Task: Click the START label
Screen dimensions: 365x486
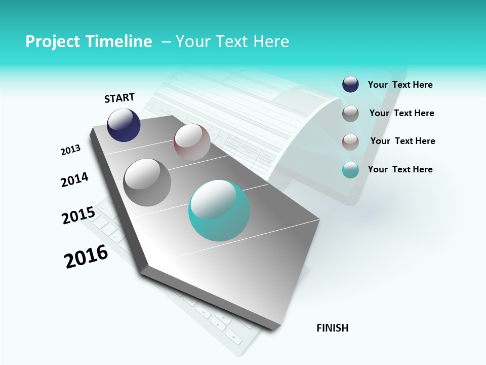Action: coord(119,98)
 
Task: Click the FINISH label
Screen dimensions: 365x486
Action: coord(333,328)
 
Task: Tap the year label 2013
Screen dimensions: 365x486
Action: coord(70,150)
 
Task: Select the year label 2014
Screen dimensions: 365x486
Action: coord(74,179)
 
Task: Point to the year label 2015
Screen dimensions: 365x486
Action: coord(78,215)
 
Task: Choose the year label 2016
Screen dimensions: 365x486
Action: coord(86,257)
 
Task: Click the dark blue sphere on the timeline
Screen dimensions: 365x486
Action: coord(124,125)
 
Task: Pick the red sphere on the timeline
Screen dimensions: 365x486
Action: coord(192,142)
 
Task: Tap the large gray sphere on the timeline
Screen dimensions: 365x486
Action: coord(147,182)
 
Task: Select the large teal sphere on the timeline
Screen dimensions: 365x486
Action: coord(219,210)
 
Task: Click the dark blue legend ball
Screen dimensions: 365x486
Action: coord(350,85)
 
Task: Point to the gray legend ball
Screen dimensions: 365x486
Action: coord(350,114)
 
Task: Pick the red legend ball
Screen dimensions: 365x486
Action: coord(350,141)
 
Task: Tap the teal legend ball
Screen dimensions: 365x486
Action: coord(350,170)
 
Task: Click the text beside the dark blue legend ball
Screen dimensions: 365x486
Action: coord(400,85)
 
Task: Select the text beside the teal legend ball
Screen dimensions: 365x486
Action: coord(400,169)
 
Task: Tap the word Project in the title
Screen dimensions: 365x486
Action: coord(50,42)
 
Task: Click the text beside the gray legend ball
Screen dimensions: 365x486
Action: coord(401,113)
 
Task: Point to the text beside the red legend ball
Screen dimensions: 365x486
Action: coord(402,141)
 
